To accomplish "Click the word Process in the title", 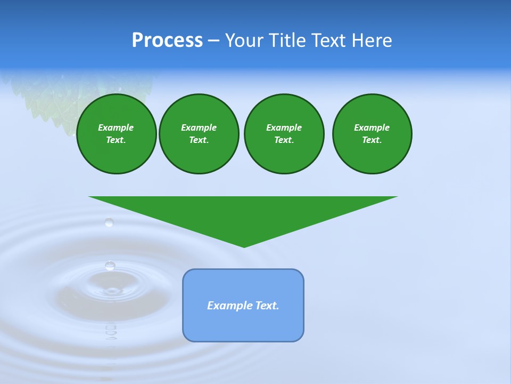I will [167, 41].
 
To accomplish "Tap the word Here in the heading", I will [372, 41].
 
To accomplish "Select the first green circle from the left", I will [116, 134].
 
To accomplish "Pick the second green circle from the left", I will [199, 134].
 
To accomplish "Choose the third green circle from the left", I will [284, 134].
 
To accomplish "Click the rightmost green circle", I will [372, 134].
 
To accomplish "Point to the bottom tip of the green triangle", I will [244, 246].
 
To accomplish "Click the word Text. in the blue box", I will [267, 306].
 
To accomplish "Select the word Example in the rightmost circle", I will [372, 127].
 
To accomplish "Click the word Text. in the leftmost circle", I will [116, 140].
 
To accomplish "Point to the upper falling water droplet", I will [109, 222].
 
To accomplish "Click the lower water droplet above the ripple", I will [110, 265].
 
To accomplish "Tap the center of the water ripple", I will [112, 291].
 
